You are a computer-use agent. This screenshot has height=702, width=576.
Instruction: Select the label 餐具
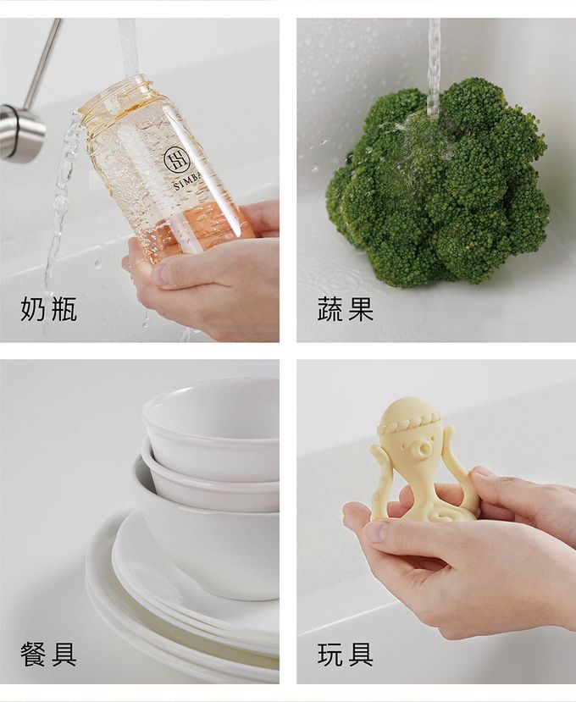pos(48,654)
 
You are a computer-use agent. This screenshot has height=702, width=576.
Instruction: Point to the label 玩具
pos(345,654)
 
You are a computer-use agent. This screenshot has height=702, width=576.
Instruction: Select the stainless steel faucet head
pos(20,132)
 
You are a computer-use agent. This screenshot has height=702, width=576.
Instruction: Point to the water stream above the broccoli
pos(434,59)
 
